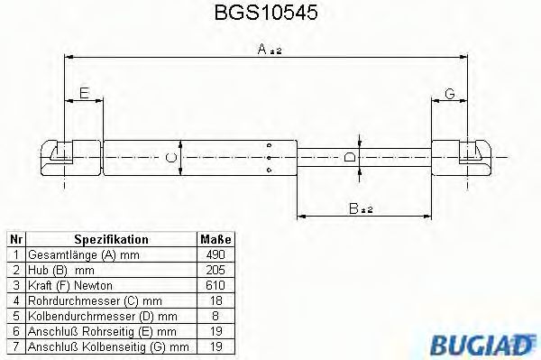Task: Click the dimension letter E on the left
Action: pyautogui.click(x=84, y=93)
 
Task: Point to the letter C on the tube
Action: pyautogui.click(x=170, y=157)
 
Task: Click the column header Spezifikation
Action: pyautogui.click(x=111, y=240)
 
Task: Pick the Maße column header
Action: pyautogui.click(x=215, y=240)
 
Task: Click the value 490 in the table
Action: pyautogui.click(x=215, y=255)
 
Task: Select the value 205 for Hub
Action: pyautogui.click(x=215, y=270)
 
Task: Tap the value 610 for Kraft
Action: pyautogui.click(x=215, y=285)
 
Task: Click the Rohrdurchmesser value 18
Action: pyautogui.click(x=215, y=300)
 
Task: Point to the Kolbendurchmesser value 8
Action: pyautogui.click(x=215, y=316)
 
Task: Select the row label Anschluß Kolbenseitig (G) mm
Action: pyautogui.click(x=107, y=346)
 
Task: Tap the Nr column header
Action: pyautogui.click(x=15, y=240)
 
